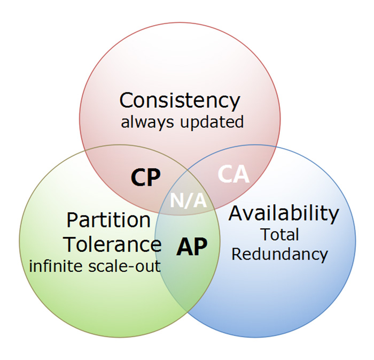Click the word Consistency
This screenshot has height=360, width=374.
[x=180, y=101]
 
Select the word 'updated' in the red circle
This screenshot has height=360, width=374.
[x=212, y=122]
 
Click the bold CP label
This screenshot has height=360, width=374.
[x=146, y=177]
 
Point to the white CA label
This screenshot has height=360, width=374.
[x=233, y=174]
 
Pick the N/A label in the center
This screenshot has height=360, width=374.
[x=188, y=201]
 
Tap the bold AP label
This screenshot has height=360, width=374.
[x=192, y=247]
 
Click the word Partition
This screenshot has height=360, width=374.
[x=108, y=220]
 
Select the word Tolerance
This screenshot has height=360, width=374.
[x=113, y=244]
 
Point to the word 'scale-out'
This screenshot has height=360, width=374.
[x=124, y=267]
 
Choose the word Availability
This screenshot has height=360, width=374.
[x=284, y=214]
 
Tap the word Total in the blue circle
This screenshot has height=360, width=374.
[x=280, y=234]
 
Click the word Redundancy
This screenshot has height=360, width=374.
[x=280, y=255]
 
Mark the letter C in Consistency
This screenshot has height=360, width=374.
[x=127, y=100]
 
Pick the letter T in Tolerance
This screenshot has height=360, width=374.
[x=72, y=244]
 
